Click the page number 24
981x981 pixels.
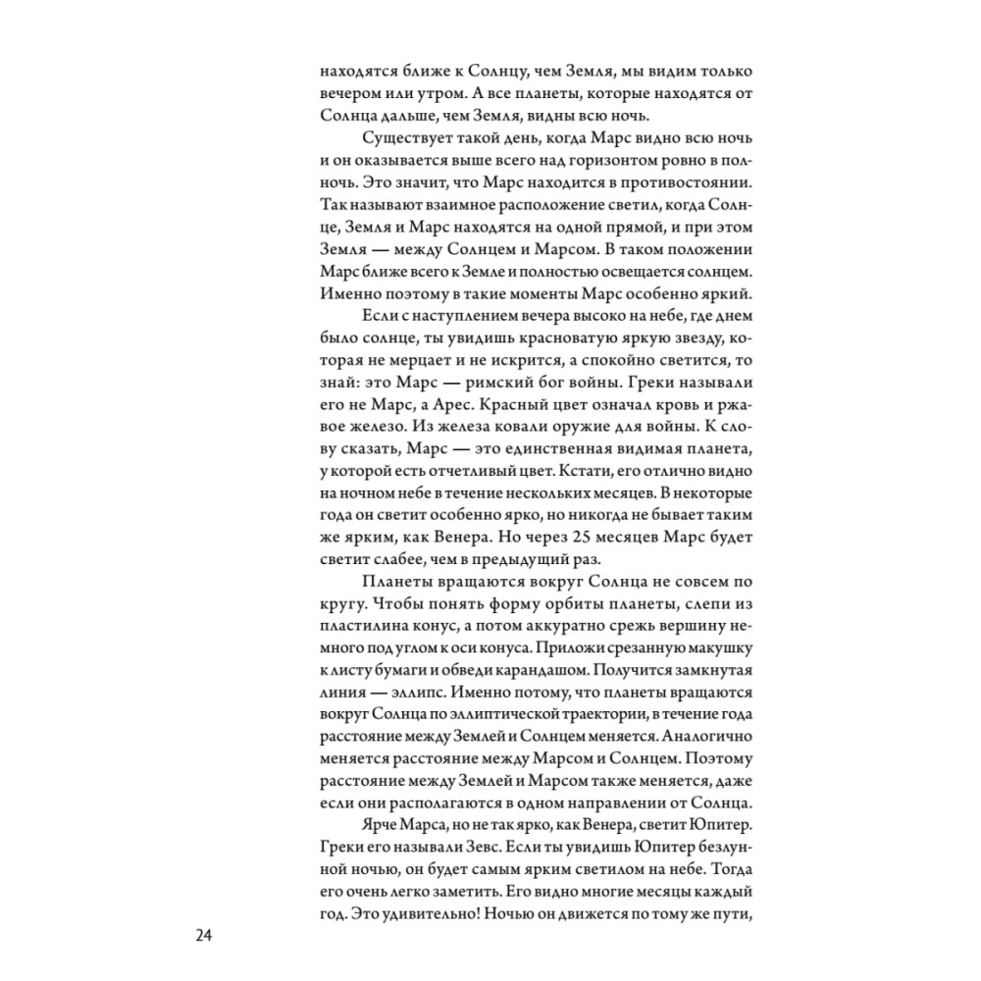pyautogui.click(x=205, y=935)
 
